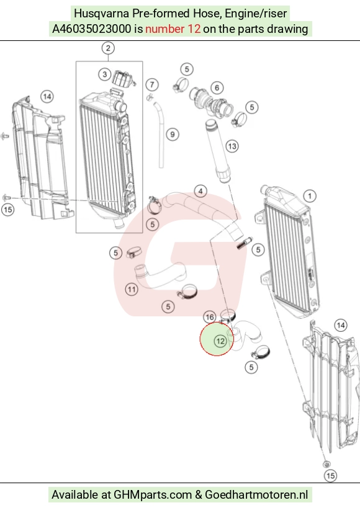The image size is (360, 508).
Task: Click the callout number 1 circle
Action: [x=310, y=196]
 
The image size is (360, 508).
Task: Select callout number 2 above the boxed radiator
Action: [x=108, y=48]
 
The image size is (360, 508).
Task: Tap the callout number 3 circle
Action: [x=105, y=74]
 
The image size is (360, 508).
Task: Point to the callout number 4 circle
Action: [x=200, y=191]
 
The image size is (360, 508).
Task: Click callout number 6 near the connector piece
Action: [x=217, y=87]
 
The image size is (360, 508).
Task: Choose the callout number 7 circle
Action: [x=152, y=85]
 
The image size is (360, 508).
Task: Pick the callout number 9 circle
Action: [x=173, y=135]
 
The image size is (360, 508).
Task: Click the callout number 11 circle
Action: [x=132, y=289]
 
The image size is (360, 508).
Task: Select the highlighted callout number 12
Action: [x=220, y=341]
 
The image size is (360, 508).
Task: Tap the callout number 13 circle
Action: [x=232, y=146]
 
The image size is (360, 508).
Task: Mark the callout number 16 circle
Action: [x=210, y=317]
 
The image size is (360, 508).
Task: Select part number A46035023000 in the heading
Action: [x=92, y=29]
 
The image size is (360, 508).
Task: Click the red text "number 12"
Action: [x=173, y=29]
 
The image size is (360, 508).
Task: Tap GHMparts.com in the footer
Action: [x=153, y=495]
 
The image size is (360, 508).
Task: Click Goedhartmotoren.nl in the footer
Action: [x=256, y=495]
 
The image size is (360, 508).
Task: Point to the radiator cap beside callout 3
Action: [x=123, y=79]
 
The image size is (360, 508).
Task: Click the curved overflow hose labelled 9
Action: [x=160, y=135]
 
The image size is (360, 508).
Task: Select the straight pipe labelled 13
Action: [x=218, y=151]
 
